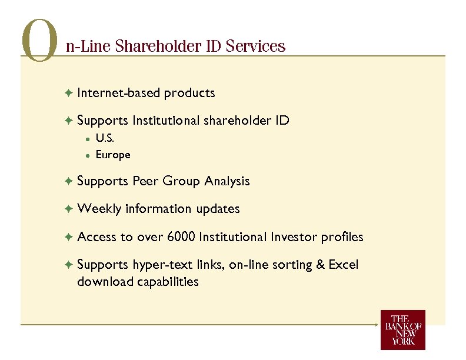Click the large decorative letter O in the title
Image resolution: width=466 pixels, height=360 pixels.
click(39, 41)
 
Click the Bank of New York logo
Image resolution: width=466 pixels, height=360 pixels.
click(402, 329)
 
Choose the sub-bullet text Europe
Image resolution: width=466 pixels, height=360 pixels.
click(113, 155)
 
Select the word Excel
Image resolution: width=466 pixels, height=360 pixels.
click(344, 265)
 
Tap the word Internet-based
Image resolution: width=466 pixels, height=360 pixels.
click(119, 93)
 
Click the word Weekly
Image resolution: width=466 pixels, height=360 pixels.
click(99, 209)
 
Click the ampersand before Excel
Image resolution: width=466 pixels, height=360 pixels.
click(321, 265)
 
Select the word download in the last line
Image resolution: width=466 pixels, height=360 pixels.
click(105, 282)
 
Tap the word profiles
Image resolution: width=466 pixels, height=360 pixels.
click(342, 237)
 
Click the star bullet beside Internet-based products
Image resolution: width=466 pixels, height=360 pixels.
click(69, 93)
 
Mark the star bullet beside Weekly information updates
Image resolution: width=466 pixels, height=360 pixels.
click(69, 209)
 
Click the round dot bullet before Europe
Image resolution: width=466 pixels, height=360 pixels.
click(86, 155)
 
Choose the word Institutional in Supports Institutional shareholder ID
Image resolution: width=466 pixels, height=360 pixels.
click(167, 121)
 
